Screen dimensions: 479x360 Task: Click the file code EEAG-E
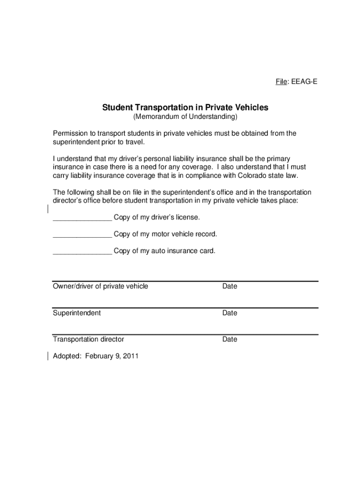pos(304,82)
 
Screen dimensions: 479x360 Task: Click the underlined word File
pos(281,82)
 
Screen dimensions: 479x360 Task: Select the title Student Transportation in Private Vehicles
pos(185,108)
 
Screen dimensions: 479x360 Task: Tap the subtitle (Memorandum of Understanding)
pos(185,116)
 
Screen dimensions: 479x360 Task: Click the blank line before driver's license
pos(82,218)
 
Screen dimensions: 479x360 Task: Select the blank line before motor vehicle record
pos(82,234)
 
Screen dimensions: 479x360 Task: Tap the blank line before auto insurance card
pos(82,251)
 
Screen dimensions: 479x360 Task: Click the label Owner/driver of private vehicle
pos(101,286)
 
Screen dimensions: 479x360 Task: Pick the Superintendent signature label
pos(76,313)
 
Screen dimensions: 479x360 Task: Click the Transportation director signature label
pos(88,339)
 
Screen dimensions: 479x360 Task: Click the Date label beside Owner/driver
pos(230,286)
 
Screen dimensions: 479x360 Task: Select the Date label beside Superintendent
pos(230,313)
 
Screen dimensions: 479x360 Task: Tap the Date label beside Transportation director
pos(230,339)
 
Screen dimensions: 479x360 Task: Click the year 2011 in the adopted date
pos(130,356)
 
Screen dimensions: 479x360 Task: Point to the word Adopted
pos(67,356)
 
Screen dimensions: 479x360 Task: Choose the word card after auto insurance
pos(206,251)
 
